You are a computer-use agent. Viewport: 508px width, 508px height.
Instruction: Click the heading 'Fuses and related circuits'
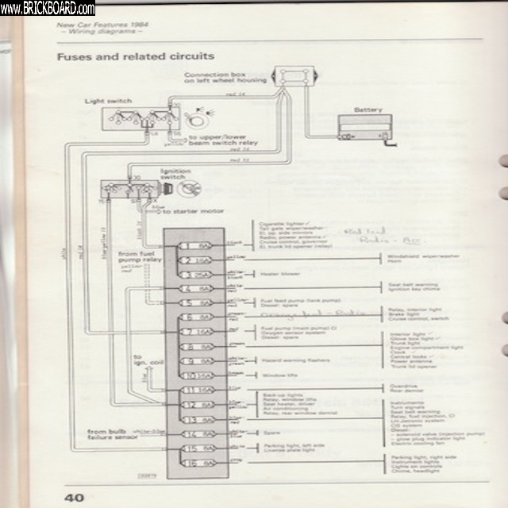(x=135, y=57)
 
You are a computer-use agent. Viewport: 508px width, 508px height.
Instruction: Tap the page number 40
(x=74, y=498)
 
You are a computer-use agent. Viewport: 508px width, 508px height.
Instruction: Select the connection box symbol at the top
(x=295, y=77)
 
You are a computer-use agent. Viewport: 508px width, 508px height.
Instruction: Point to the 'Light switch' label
(x=108, y=102)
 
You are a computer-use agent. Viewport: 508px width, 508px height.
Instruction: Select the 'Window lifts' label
(x=276, y=375)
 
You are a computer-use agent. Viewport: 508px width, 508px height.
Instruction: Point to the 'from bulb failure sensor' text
(x=111, y=436)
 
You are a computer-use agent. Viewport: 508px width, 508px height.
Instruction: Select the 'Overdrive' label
(x=400, y=386)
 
